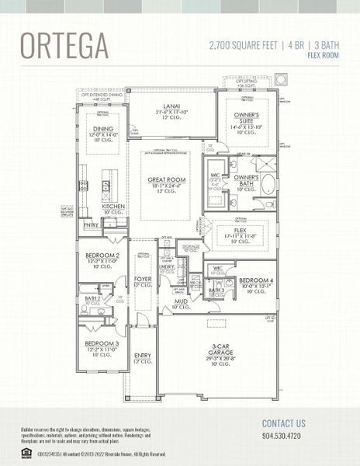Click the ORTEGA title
(x=64, y=47)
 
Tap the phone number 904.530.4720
(x=284, y=436)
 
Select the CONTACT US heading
(x=284, y=423)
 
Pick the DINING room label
(x=103, y=129)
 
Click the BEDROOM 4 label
(x=255, y=280)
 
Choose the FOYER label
(x=143, y=279)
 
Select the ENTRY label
(x=143, y=358)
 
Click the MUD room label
(x=180, y=301)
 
